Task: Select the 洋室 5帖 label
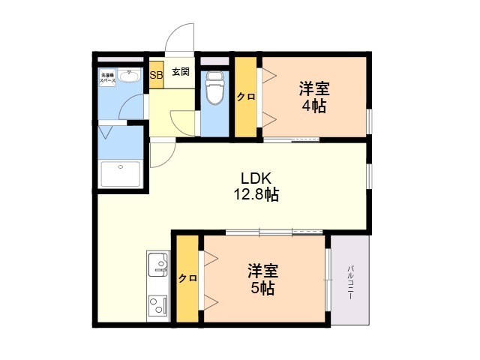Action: coord(262,279)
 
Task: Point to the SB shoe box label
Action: coord(156,75)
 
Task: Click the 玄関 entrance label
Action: coord(180,73)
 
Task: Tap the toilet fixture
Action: coord(215,88)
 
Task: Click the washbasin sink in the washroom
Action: coord(129,76)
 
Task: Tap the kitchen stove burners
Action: coord(158,307)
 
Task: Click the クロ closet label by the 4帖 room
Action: coord(245,96)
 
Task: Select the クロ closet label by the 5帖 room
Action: coord(187,278)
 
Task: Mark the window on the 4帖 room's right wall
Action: coord(369,121)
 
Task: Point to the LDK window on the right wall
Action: coord(369,173)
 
